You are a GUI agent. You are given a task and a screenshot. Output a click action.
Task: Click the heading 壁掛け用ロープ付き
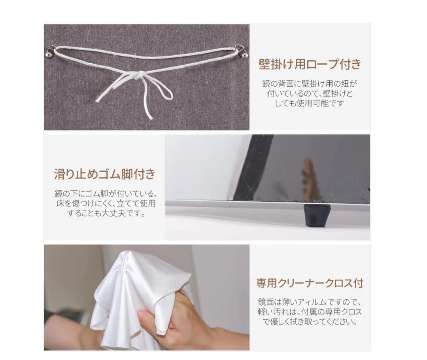310,64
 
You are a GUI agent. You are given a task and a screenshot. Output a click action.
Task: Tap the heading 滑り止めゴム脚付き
105,174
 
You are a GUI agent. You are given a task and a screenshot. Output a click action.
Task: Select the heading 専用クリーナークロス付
310,283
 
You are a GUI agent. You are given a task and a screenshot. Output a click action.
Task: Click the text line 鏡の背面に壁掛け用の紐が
310,83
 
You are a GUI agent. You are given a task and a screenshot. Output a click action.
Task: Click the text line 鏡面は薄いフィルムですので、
310,302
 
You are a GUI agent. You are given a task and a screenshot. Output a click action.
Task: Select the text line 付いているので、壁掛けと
310,93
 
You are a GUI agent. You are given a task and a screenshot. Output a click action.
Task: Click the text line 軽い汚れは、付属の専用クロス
310,312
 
